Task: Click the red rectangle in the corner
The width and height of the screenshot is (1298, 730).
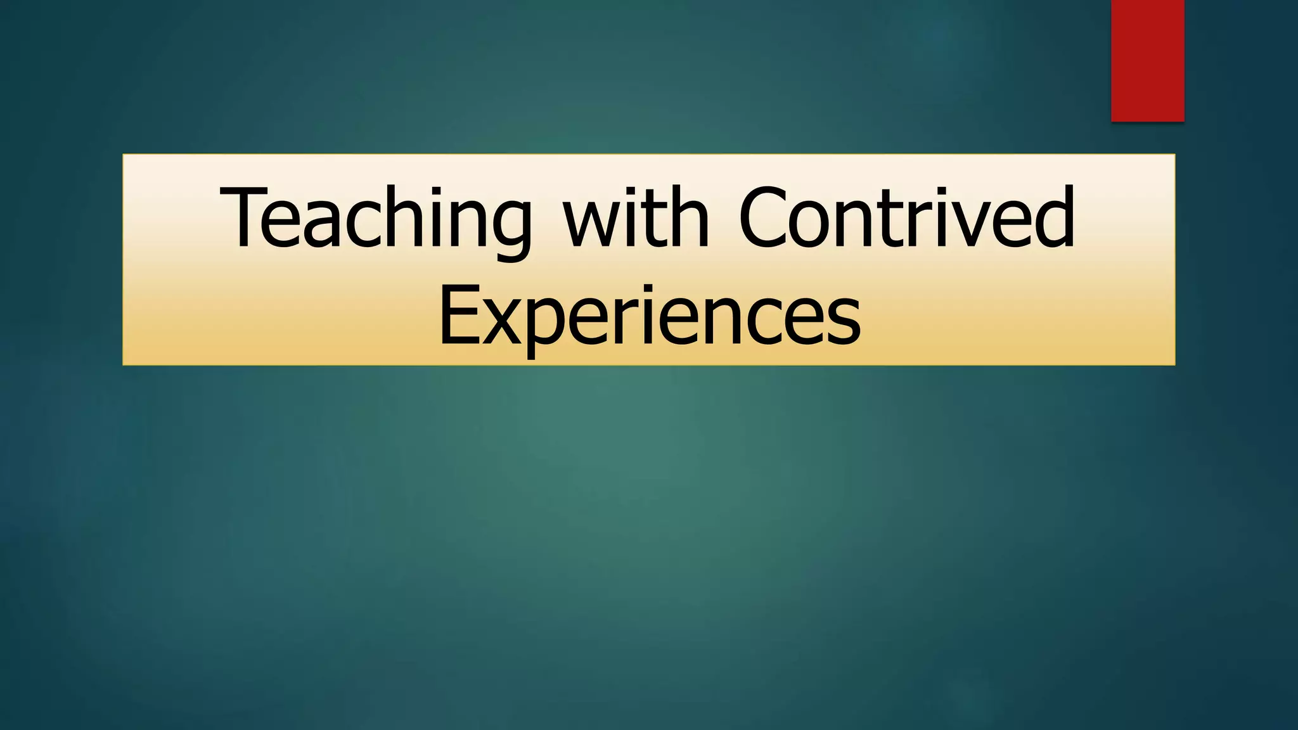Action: tap(1147, 60)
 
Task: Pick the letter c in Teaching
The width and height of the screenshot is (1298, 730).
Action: tap(368, 225)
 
